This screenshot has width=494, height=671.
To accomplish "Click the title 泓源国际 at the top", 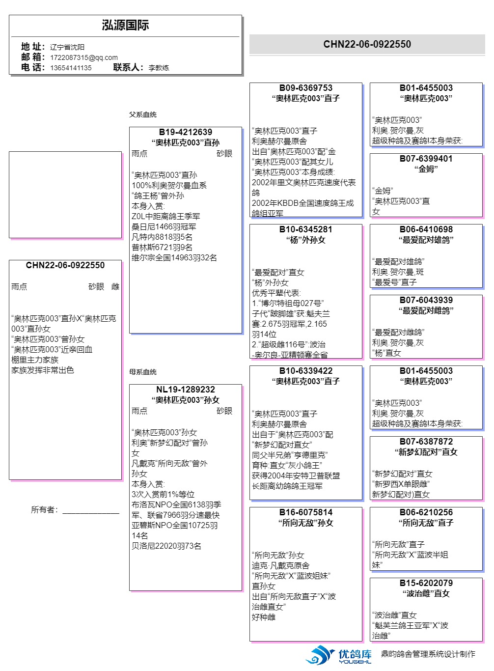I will pyautogui.click(x=125, y=26).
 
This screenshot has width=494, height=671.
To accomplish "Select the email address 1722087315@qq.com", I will pyautogui.click(x=83, y=57).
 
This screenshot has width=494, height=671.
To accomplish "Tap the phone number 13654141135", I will pyautogui.click(x=71, y=68).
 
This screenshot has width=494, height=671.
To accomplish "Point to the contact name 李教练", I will pyautogui.click(x=159, y=68).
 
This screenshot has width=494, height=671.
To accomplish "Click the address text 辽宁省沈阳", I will pyautogui.click(x=67, y=47).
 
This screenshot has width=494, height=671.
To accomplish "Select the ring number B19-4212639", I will pyautogui.click(x=185, y=132).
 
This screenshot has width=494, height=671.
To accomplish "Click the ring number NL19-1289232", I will pyautogui.click(x=185, y=390).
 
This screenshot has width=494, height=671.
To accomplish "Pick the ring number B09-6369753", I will pyautogui.click(x=305, y=88).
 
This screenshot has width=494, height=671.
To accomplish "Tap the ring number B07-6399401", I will pyautogui.click(x=426, y=159).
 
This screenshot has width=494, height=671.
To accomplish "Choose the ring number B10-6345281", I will pyautogui.click(x=305, y=229).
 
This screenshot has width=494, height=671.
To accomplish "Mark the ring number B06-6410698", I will pyautogui.click(x=426, y=229).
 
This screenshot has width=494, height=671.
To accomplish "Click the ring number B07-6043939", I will pyautogui.click(x=426, y=300).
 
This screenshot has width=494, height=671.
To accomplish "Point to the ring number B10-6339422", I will pyautogui.click(x=305, y=371).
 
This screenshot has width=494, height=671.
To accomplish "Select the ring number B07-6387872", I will pyautogui.click(x=426, y=442).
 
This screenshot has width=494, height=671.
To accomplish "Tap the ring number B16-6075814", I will pyautogui.click(x=305, y=512).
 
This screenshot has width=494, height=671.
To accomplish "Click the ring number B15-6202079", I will pyautogui.click(x=426, y=583).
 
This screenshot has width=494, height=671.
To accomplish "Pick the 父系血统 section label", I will pyautogui.click(x=142, y=114).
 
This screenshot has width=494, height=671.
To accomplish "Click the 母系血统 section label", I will pyautogui.click(x=142, y=372).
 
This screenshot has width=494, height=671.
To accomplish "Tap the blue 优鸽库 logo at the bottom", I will pyautogui.click(x=339, y=655).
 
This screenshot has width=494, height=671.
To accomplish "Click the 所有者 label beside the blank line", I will pyautogui.click(x=44, y=510).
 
